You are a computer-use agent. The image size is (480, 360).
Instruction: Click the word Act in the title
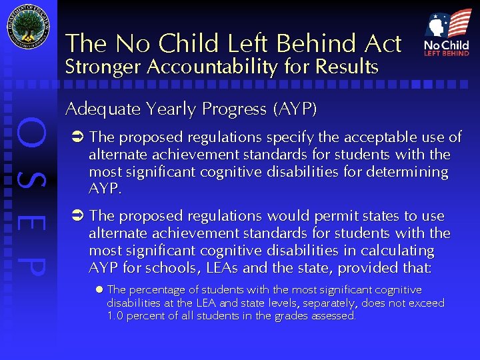pyautogui.click(x=382, y=44)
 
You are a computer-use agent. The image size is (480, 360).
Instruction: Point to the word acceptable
pyautogui.click(x=357, y=138)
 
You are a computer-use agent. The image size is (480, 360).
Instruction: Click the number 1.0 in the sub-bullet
pyautogui.click(x=116, y=315)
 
